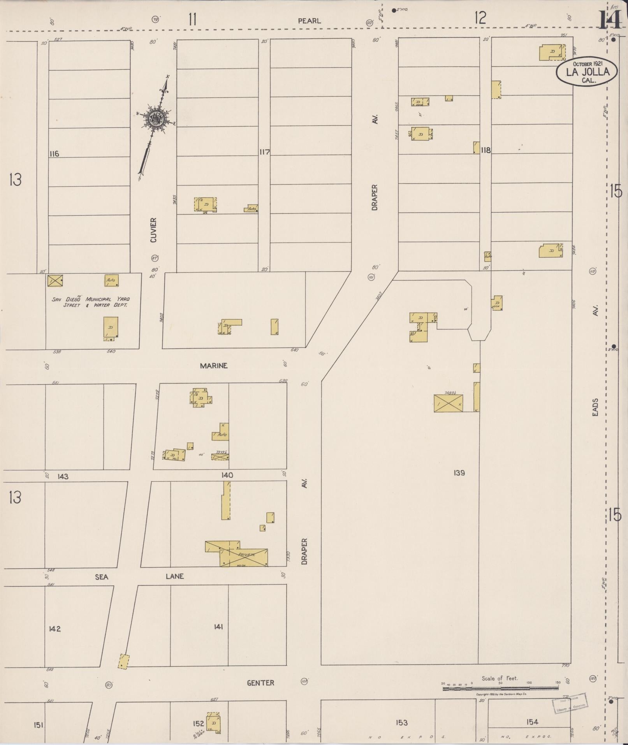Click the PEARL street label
click(x=309, y=21)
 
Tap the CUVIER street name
click(x=153, y=230)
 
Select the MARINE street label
click(x=213, y=366)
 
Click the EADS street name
click(x=595, y=407)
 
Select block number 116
click(x=54, y=154)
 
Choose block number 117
click(x=264, y=152)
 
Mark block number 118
click(x=486, y=150)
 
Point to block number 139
click(x=459, y=473)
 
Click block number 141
click(x=218, y=627)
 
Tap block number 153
click(x=401, y=722)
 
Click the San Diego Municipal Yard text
click(x=91, y=302)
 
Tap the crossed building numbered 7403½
click(x=449, y=403)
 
